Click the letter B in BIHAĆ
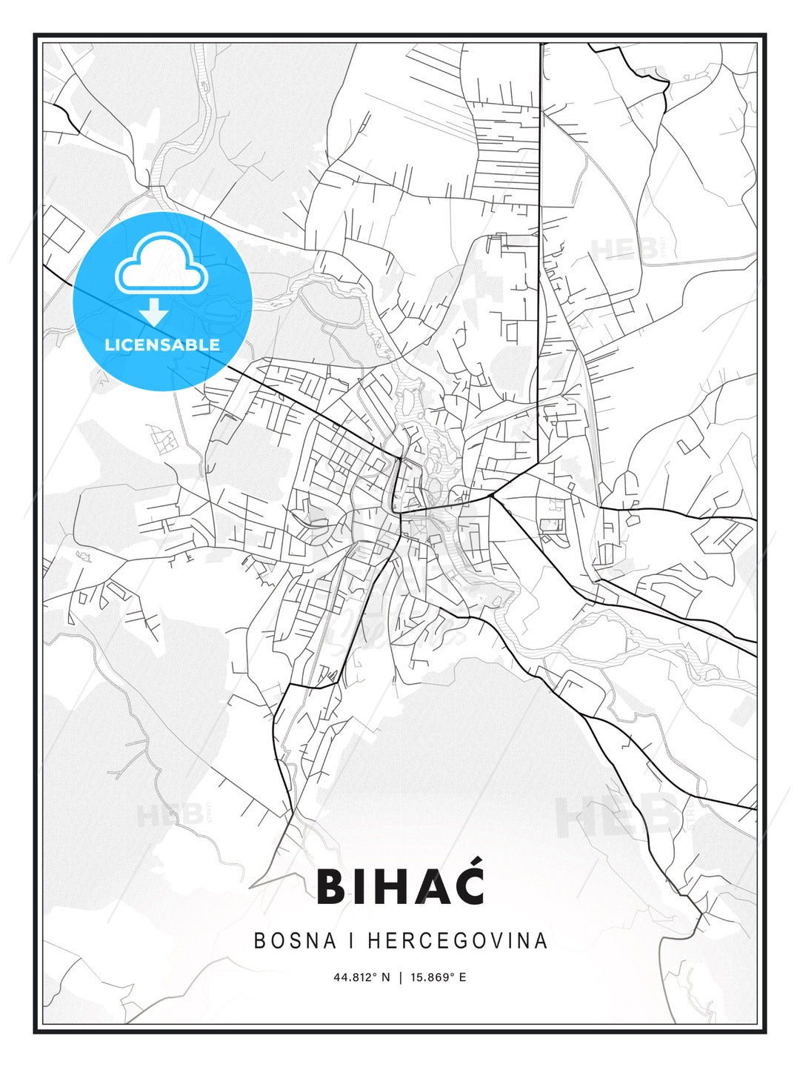tap(331, 887)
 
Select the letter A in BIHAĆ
tap(427, 887)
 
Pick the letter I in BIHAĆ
tap(358, 887)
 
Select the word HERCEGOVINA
tap(457, 940)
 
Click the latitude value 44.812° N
tap(361, 977)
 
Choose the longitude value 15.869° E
tap(439, 977)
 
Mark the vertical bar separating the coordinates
tap(401, 977)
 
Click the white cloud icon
tap(161, 265)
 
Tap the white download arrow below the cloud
tap(154, 312)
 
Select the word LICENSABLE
tap(162, 345)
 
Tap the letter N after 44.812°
tap(385, 977)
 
